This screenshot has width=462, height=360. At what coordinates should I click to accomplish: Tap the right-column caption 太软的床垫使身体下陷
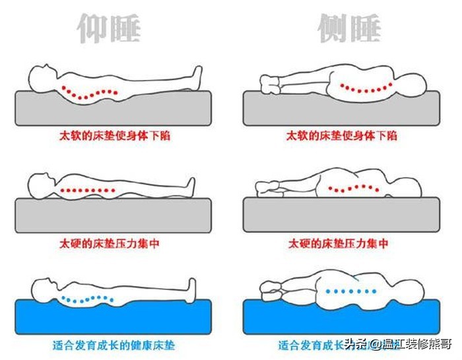[x=341, y=135]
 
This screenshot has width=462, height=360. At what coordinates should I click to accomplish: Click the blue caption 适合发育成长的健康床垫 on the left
[x=114, y=344]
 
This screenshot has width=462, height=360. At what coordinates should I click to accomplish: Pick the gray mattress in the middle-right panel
[x=341, y=215]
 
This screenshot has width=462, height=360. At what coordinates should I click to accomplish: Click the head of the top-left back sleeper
[x=40, y=73]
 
